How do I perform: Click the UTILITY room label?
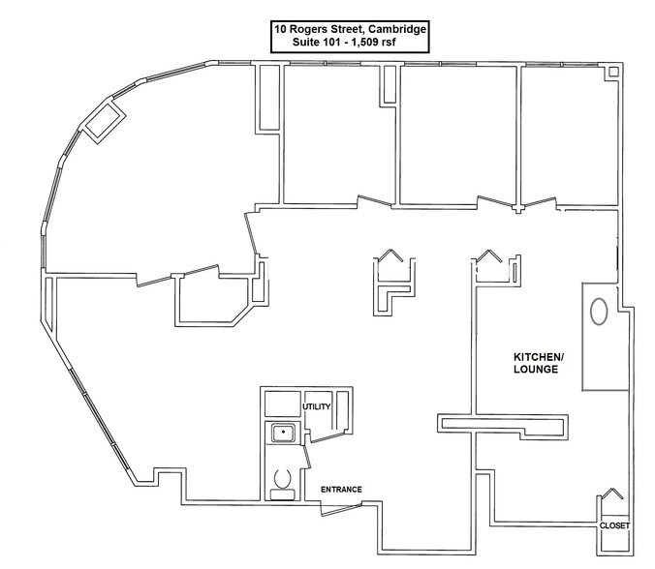click(x=317, y=406)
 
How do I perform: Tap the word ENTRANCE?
click(x=341, y=490)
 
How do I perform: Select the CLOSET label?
click(x=614, y=525)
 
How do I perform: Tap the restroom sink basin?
click(x=283, y=433)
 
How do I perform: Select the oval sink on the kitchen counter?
click(x=599, y=313)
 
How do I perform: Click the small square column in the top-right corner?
click(x=611, y=72)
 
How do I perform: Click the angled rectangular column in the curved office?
click(x=102, y=121)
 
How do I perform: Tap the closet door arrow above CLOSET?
click(x=612, y=494)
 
